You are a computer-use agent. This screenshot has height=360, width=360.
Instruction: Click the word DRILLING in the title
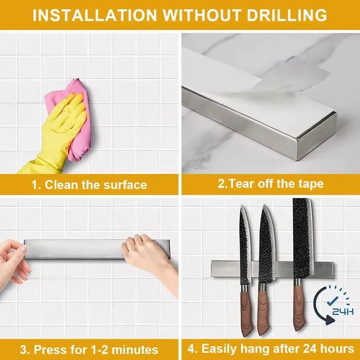(x=287, y=15)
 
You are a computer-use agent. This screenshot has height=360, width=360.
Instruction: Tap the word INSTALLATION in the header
(x=95, y=15)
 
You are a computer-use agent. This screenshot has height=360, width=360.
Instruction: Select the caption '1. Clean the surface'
(x=89, y=185)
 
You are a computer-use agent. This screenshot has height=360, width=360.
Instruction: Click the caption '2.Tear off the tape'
(x=271, y=184)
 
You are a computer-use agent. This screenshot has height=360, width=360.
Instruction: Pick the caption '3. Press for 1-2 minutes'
(x=89, y=350)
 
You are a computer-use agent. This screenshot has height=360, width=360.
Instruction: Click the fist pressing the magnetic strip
(x=147, y=253)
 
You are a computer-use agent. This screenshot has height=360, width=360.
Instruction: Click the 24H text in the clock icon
(x=343, y=312)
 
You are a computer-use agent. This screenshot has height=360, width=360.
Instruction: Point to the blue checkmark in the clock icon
(x=333, y=301)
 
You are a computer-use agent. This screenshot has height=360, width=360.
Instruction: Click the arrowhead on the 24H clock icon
(x=330, y=320)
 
